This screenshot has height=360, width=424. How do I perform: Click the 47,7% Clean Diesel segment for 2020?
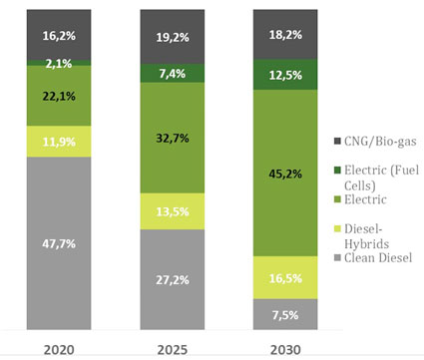[59, 243]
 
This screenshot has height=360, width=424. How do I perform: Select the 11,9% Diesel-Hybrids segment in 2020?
[59, 142]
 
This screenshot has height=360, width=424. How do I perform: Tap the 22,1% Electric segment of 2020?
[59, 96]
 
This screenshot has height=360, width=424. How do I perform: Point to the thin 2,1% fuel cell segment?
[59, 63]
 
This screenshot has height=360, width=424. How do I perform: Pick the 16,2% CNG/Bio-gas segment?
[59, 35]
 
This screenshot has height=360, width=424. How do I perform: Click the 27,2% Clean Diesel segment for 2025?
[173, 279]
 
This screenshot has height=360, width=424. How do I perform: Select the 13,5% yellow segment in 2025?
[173, 211]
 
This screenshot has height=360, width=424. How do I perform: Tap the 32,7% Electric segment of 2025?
[173, 138]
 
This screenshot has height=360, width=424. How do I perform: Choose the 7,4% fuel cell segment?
[173, 73]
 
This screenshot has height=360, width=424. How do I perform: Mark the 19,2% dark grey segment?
[173, 37]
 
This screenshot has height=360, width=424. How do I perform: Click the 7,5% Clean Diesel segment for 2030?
[285, 314]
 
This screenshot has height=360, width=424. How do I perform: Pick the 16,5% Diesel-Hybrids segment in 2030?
[285, 277]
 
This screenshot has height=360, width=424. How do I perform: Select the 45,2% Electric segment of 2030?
[285, 173]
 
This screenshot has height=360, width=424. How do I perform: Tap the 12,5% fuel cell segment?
[285, 75]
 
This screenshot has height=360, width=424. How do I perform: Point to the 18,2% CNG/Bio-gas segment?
[285, 35]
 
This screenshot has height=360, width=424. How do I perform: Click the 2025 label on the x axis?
[173, 350]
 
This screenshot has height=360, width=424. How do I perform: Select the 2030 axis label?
[285, 350]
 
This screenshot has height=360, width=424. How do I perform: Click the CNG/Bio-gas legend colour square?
[337, 141]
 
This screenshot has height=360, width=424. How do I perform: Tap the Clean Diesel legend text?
[378, 257]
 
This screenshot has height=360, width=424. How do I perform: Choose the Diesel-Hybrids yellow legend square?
[337, 228]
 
